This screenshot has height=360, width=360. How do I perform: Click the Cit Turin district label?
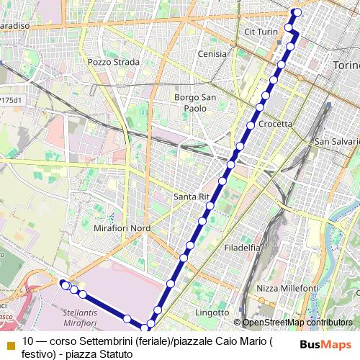[x=261, y=32]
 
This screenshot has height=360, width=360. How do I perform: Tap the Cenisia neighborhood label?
[x=212, y=54]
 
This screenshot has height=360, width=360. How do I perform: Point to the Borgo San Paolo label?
[x=191, y=103]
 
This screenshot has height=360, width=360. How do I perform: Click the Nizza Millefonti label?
[x=287, y=288]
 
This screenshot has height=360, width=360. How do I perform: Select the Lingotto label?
[x=212, y=313]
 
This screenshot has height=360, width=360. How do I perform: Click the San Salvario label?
[x=336, y=141]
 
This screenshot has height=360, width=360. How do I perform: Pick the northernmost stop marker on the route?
[x=297, y=12]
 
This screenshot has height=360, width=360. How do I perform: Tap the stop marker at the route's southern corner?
[x=144, y=329]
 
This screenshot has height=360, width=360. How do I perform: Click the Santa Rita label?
[x=192, y=196]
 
